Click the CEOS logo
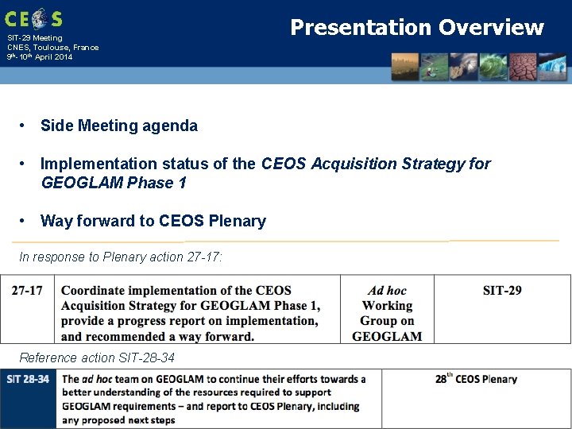click(33, 18)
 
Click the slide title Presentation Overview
click(416, 28)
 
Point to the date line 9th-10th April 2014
click(39, 57)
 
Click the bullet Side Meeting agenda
click(118, 126)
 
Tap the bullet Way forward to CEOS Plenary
click(153, 221)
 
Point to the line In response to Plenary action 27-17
click(121, 257)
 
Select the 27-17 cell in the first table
click(28, 290)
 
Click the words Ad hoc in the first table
click(387, 291)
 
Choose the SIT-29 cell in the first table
click(502, 290)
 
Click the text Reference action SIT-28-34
click(97, 357)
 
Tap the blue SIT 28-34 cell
click(29, 379)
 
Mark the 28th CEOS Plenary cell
click(476, 379)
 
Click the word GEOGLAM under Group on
click(387, 336)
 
